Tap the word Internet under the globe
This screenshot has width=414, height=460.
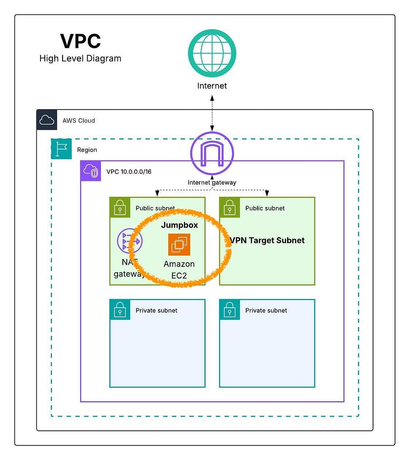(212, 86)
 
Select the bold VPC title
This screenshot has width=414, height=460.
(81, 41)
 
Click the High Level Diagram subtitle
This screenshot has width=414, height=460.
(80, 58)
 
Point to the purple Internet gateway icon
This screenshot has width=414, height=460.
(212, 153)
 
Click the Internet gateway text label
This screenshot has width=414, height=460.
(212, 182)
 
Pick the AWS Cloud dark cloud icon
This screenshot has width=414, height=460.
(47, 120)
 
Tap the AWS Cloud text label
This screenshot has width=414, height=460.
(79, 120)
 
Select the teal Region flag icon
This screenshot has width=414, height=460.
(61, 149)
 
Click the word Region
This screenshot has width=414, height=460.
(87, 150)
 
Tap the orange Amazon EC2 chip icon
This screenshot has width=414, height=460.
(179, 244)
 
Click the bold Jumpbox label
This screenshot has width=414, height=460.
(180, 225)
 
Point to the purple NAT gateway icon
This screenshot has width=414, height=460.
(129, 241)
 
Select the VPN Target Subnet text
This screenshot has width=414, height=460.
(267, 240)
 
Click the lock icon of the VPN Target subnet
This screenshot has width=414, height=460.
(229, 208)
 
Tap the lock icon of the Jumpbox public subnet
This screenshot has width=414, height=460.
(120, 208)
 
